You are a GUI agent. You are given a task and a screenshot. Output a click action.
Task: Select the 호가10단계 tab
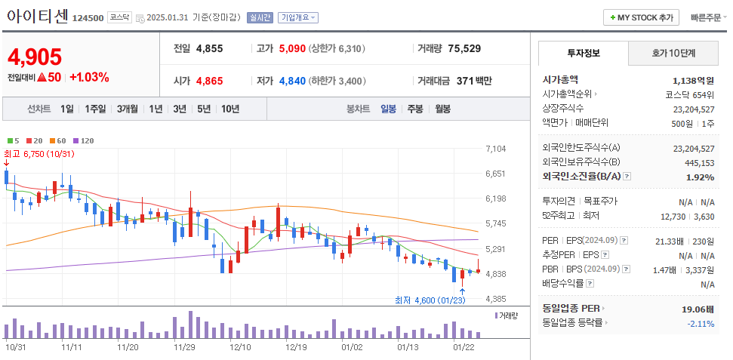[673, 53]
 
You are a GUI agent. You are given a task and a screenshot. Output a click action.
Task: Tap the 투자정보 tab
[583, 53]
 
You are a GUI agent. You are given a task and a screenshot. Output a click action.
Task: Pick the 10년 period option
[230, 109]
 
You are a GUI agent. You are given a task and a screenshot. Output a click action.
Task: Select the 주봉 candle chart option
[415, 109]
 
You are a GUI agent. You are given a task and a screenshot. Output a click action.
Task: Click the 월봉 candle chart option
[442, 109]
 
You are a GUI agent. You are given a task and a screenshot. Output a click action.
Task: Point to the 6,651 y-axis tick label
[496, 174]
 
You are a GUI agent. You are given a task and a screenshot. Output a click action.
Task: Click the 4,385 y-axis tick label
[496, 299]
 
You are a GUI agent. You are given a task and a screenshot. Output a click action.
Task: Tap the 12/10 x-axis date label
[240, 347]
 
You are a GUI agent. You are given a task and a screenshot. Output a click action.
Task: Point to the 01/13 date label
[408, 347]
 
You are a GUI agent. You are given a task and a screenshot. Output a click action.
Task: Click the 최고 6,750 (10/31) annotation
[39, 154]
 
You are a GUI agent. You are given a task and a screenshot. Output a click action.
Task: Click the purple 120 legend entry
[83, 141]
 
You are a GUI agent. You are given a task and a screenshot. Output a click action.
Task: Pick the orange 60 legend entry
[58, 141]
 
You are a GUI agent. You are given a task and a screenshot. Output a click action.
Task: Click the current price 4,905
[35, 57]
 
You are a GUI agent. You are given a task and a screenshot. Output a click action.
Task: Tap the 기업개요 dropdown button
[298, 17]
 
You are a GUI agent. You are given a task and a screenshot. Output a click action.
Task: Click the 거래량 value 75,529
[464, 48]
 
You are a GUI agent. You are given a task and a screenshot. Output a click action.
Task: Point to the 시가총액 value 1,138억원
[693, 79]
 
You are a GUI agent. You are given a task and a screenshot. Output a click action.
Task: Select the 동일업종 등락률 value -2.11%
[700, 323]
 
